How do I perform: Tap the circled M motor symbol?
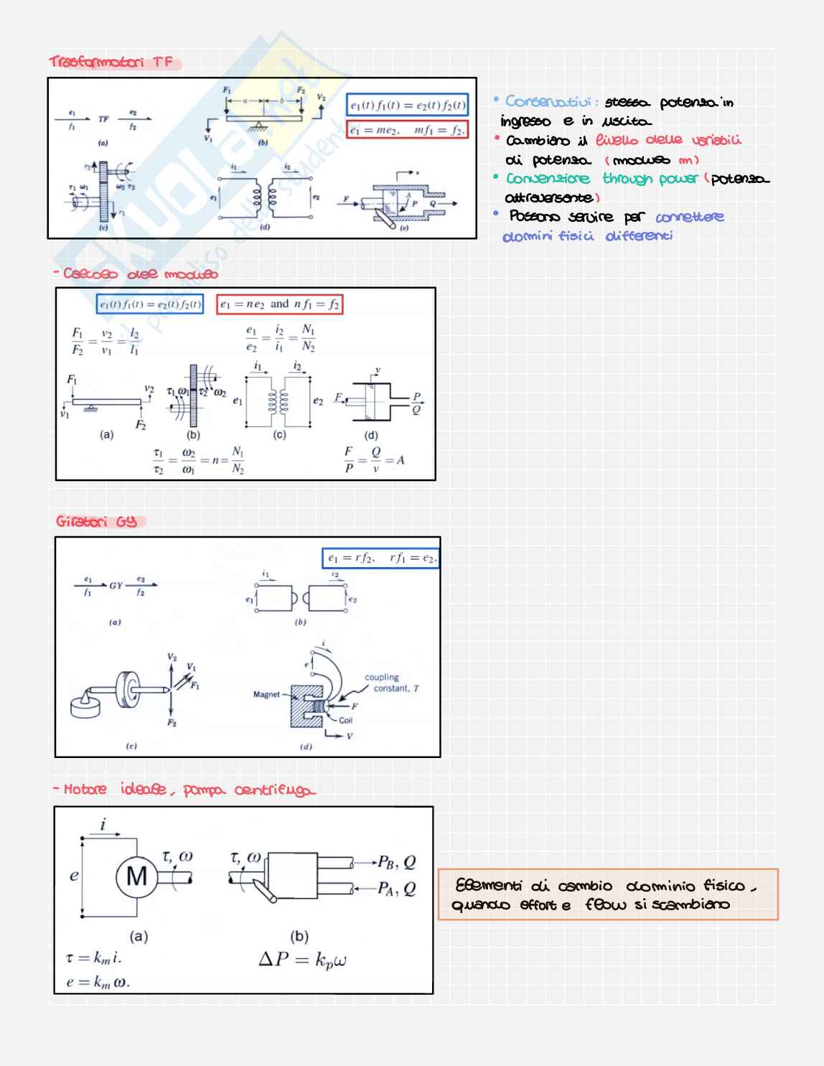(136, 876)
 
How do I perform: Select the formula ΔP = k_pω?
(302, 960)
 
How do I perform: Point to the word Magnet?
(266, 694)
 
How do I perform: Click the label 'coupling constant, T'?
(391, 683)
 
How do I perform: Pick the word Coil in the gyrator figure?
(346, 720)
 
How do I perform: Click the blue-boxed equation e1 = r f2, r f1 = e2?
(380, 558)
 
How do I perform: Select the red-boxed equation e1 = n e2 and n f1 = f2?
(279, 304)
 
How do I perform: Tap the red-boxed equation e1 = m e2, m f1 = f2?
(407, 130)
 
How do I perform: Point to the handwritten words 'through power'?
(650, 179)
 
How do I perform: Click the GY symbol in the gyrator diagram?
(116, 586)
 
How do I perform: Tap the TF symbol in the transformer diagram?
(103, 119)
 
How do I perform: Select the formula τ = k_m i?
(93, 958)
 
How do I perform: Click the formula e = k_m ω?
(98, 982)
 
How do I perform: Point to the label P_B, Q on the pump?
(396, 862)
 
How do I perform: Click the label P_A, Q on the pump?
(396, 889)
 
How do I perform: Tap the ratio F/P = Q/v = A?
(374, 460)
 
